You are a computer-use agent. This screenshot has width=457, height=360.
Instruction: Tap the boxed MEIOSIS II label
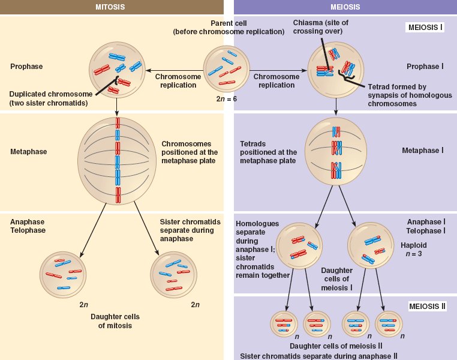(427, 306)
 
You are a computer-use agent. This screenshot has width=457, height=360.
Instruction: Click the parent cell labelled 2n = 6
(227, 68)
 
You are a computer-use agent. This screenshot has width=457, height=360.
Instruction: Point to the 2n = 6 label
(227, 98)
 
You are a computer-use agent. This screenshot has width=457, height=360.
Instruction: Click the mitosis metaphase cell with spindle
(118, 161)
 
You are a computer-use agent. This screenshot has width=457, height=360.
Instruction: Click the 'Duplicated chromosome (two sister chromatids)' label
(50, 99)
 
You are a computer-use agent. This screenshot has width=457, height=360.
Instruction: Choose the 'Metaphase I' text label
(422, 150)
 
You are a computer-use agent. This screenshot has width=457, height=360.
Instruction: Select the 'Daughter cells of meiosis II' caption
(336, 346)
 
